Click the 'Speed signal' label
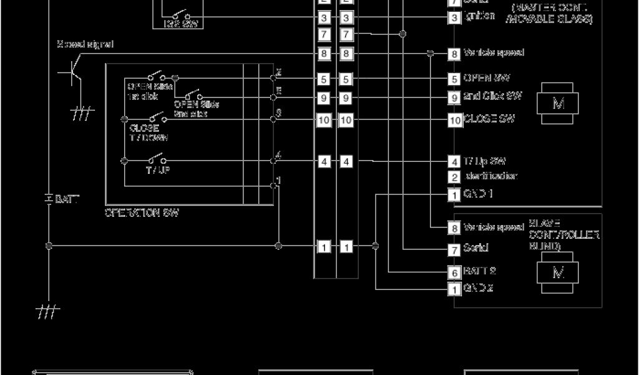click(85, 44)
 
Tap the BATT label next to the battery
click(68, 199)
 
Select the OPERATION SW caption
click(142, 212)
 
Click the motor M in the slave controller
click(558, 273)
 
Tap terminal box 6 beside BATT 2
click(454, 272)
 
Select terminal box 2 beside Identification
click(454, 177)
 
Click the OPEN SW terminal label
click(487, 79)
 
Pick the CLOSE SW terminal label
click(489, 119)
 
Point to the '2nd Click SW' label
click(493, 97)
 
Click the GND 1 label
click(479, 194)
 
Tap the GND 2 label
click(479, 289)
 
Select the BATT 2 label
click(479, 272)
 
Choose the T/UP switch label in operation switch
click(157, 170)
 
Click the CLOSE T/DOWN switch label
click(149, 132)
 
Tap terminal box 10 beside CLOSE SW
click(454, 119)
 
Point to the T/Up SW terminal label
click(484, 161)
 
